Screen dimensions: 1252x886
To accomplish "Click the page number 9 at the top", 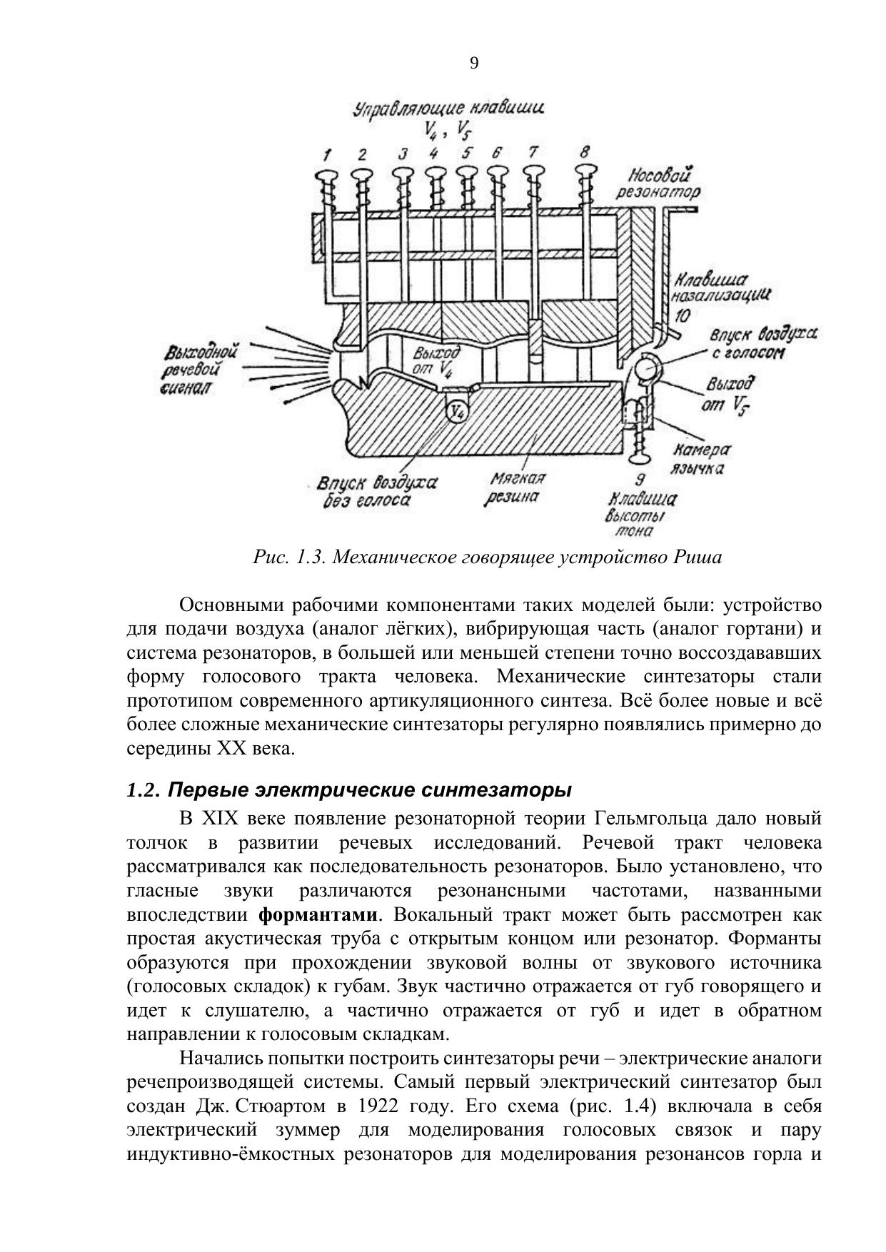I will point(474,64).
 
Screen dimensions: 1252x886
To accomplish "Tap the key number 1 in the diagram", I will point(327,154).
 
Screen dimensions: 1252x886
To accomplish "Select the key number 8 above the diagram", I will point(585,151).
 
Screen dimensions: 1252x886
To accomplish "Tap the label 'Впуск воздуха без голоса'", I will point(376,492).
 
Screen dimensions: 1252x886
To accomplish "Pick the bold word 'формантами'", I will point(318,915).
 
